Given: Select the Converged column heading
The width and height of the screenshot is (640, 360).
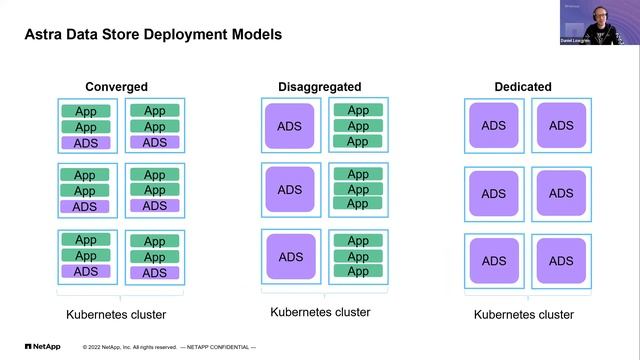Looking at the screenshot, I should point(116,87).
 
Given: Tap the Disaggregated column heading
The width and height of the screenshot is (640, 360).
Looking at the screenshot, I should point(319,87).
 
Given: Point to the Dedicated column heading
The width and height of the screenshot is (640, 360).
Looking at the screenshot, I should point(522,87).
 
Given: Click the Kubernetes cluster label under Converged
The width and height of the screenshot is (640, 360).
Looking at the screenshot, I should point(116,315).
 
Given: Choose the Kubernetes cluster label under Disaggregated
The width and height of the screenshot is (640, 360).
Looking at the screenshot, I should point(320,312).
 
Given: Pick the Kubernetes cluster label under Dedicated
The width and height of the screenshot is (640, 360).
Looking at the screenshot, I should point(524,315).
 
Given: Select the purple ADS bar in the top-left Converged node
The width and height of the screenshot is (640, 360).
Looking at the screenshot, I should point(86,143).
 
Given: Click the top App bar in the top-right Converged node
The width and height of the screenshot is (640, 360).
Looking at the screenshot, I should point(154,111).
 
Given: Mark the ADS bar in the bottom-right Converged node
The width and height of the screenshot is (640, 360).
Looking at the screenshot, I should point(154,272).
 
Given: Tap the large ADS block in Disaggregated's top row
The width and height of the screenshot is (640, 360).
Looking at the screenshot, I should point(289,126).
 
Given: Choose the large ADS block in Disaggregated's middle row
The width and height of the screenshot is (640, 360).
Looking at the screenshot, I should point(289,190).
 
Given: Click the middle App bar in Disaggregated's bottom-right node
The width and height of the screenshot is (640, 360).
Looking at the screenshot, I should point(357,256).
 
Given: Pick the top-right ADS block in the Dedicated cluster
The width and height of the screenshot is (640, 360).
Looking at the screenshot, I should point(561,125).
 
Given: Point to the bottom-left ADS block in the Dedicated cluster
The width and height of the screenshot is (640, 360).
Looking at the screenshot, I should point(493,260).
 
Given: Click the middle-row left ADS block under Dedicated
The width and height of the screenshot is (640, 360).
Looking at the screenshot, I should point(493,193).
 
